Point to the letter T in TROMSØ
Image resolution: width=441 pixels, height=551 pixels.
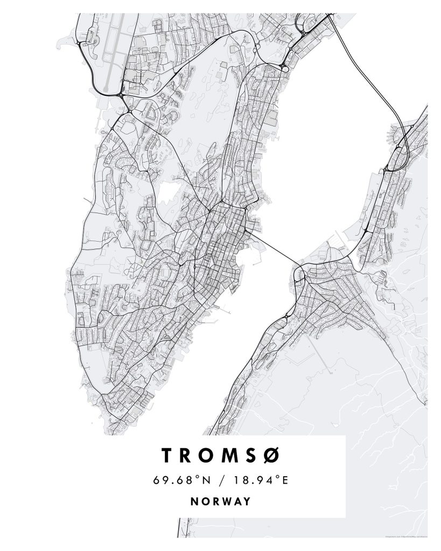click(x=167, y=455)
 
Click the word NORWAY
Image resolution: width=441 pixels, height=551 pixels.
click(x=221, y=501)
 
